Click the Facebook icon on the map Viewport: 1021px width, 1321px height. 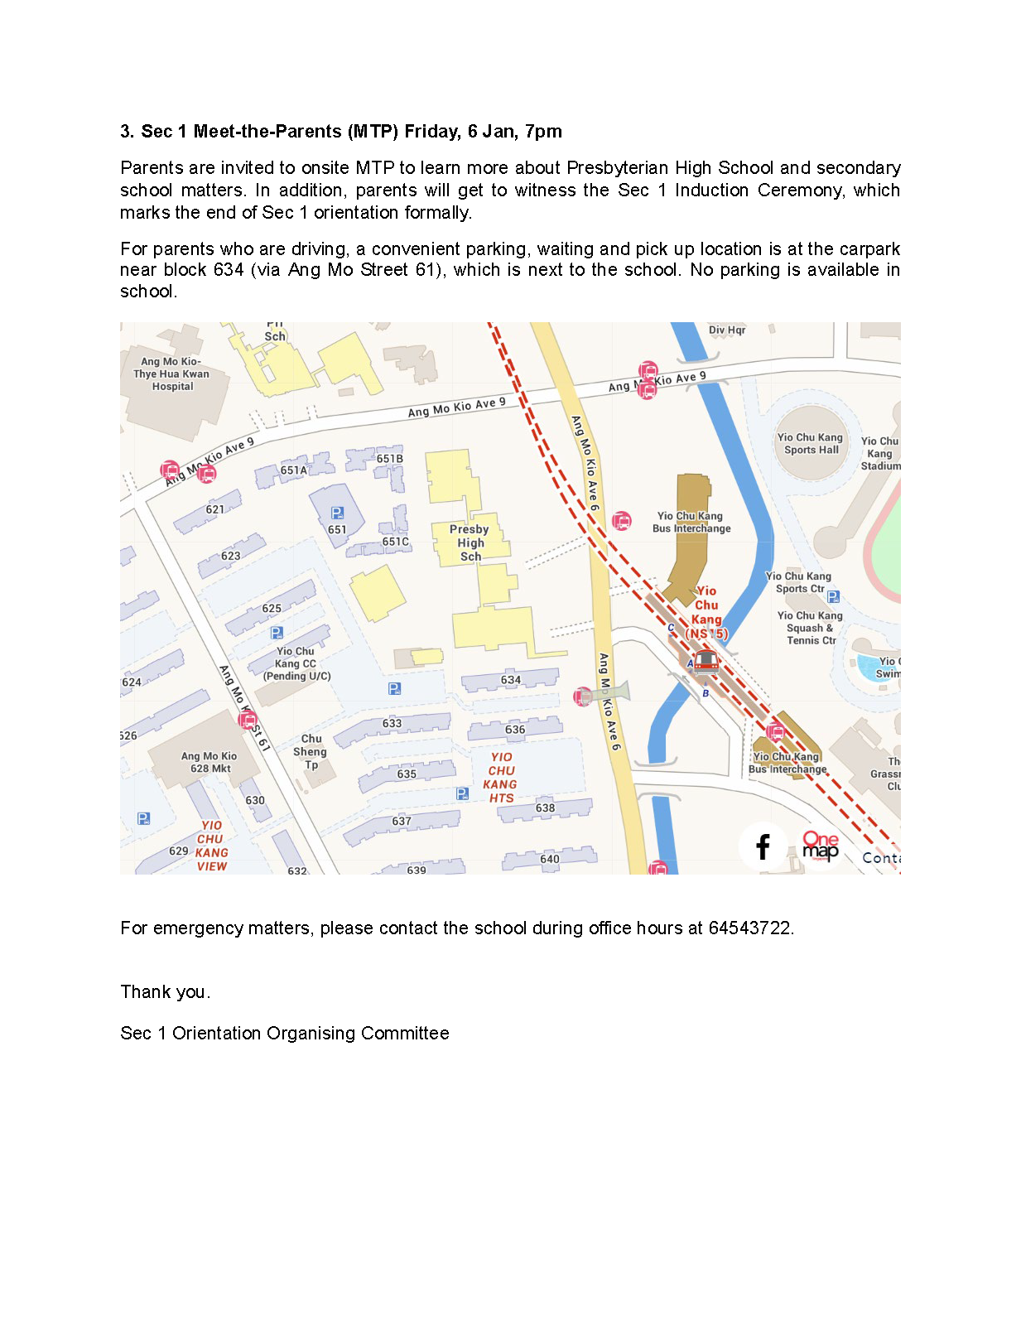tap(763, 846)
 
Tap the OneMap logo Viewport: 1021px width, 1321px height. tap(820, 846)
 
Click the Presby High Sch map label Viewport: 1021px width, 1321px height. tap(470, 542)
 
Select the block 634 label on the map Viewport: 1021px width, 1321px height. tap(511, 680)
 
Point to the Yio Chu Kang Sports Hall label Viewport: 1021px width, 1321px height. tap(811, 444)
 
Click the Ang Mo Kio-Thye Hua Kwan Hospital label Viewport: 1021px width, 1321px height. tap(172, 374)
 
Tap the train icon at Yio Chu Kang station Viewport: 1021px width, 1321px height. tap(706, 661)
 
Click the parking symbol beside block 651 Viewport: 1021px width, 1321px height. tap(337, 513)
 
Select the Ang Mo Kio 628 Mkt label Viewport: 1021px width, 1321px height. tap(209, 762)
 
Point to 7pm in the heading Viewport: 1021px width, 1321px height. tap(543, 132)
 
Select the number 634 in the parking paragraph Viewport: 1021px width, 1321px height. tap(229, 270)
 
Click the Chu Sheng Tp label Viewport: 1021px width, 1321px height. tap(311, 751)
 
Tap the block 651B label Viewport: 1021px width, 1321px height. tap(390, 459)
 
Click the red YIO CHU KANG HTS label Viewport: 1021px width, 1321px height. tap(501, 778)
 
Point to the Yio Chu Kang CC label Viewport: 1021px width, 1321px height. tap(296, 663)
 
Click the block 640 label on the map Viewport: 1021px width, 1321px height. tap(550, 859)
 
